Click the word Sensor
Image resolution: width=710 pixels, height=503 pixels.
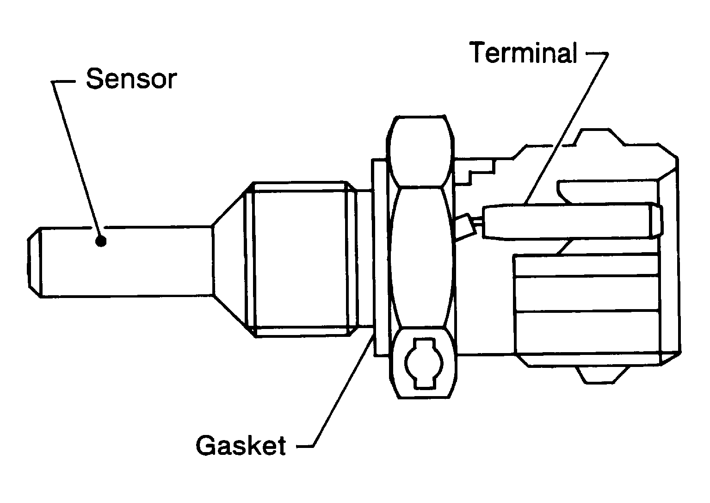(x=131, y=79)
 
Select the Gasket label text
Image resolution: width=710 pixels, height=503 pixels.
(x=241, y=445)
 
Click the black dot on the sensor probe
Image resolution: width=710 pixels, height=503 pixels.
(x=100, y=241)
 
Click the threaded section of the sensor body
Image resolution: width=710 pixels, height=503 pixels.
(x=301, y=259)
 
